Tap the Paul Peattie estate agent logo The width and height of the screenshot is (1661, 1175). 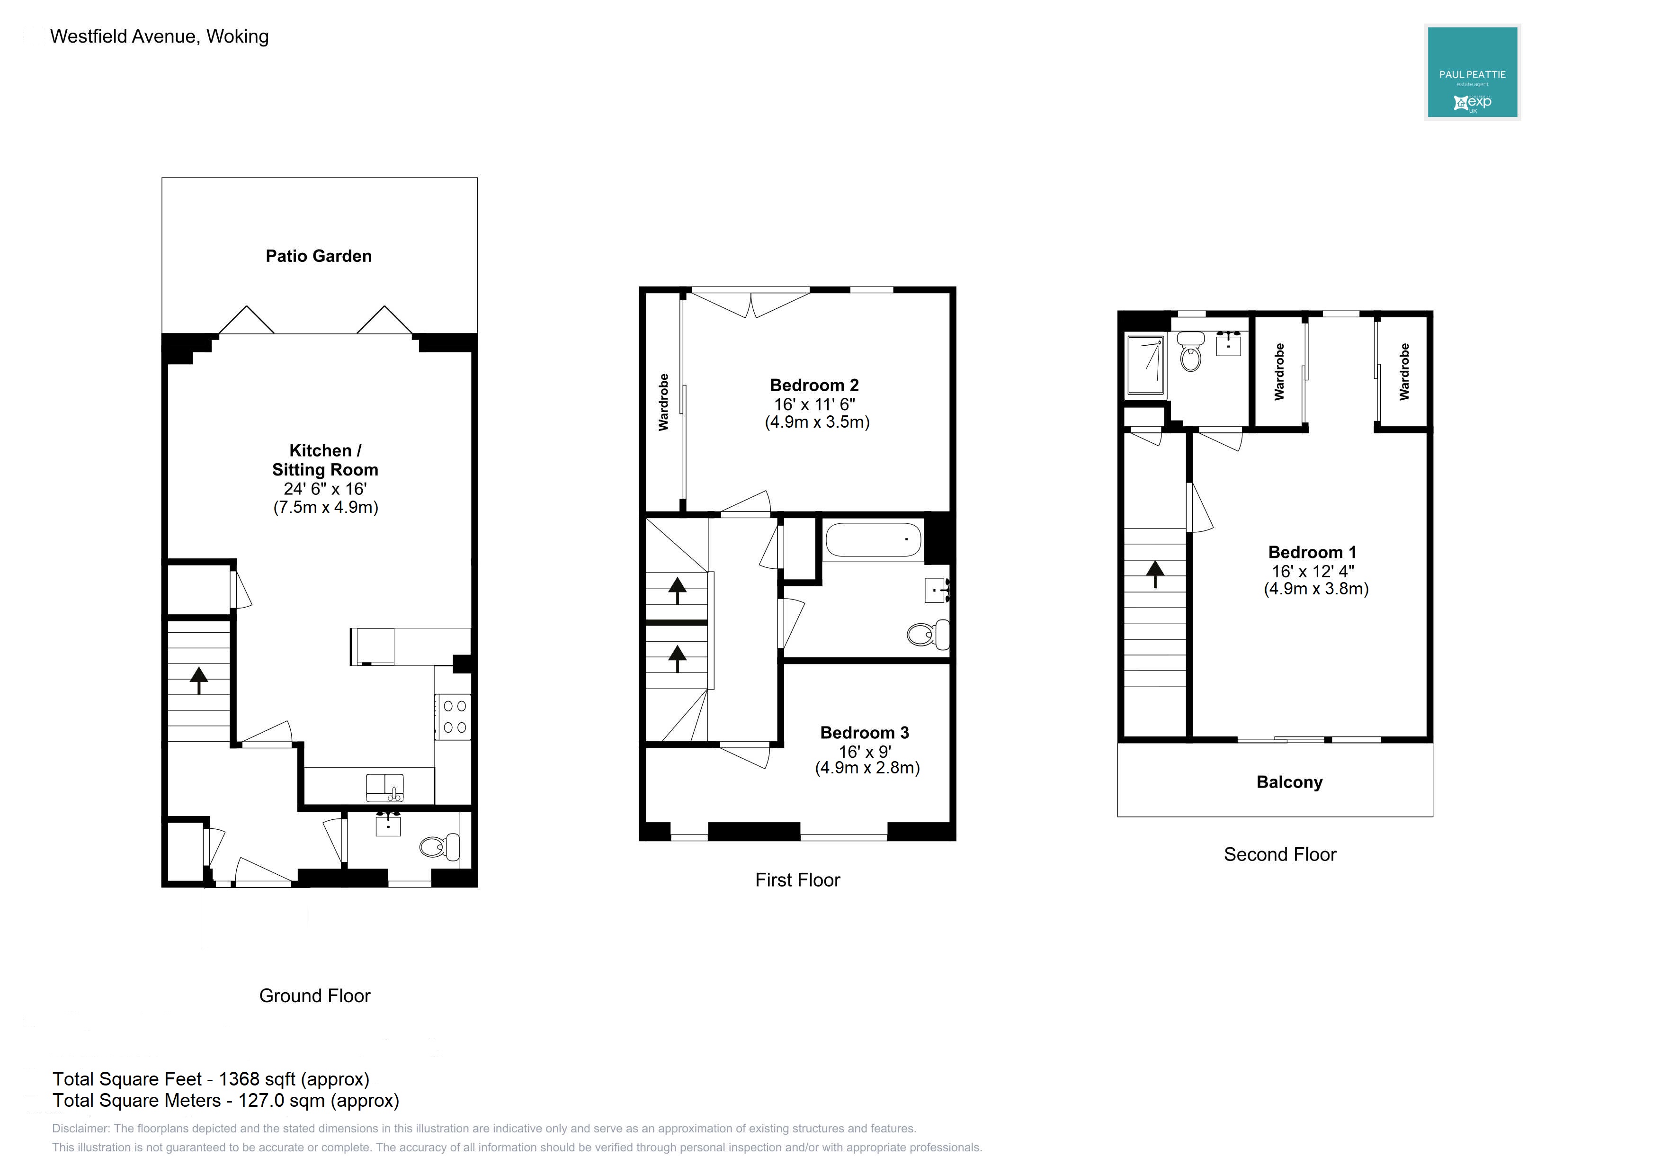[x=1472, y=72]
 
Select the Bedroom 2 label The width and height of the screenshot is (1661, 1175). [x=814, y=385]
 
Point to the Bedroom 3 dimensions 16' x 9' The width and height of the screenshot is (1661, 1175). [x=865, y=752]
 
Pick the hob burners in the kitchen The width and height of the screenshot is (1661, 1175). [x=454, y=716]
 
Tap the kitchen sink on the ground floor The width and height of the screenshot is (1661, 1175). [x=385, y=787]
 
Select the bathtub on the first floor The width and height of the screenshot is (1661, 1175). [x=873, y=540]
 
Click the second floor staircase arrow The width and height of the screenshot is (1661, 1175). [x=1155, y=574]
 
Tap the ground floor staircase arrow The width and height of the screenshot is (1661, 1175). [x=199, y=680]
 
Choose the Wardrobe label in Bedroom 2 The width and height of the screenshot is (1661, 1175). [x=663, y=402]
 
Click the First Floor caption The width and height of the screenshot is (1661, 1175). [x=797, y=880]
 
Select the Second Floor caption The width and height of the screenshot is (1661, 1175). [x=1280, y=854]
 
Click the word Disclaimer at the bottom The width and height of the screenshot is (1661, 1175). [x=80, y=1129]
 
